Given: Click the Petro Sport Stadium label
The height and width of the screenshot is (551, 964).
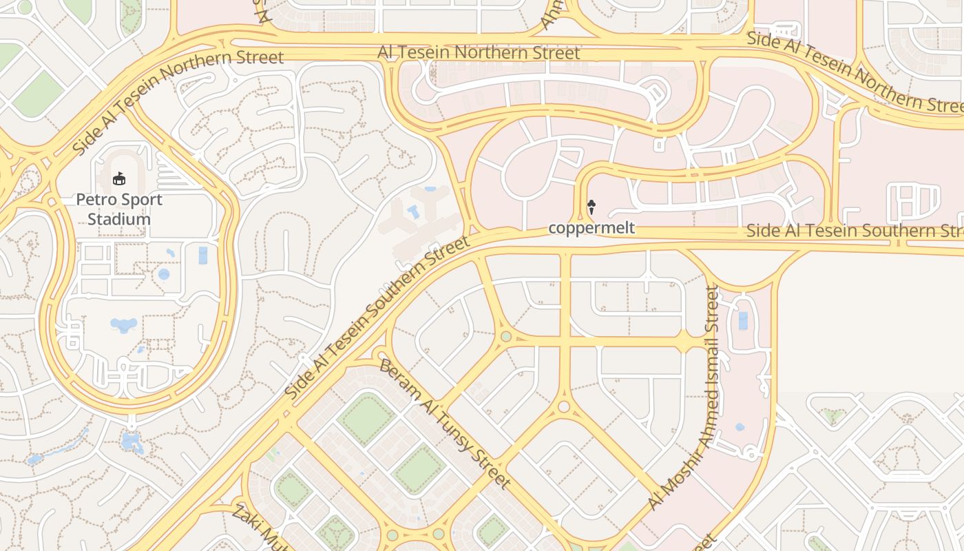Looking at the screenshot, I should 119,209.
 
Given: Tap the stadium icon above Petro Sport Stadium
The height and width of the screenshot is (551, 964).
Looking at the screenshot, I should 119,178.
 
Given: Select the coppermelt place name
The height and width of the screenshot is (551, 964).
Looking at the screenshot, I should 591,227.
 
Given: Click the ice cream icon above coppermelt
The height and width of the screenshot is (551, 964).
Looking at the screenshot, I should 591,206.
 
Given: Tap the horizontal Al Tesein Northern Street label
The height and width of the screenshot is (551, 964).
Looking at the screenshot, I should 479,52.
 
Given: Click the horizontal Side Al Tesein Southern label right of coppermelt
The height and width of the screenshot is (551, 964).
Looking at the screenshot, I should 854,230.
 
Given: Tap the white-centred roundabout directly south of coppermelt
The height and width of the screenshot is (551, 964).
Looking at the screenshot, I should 564,406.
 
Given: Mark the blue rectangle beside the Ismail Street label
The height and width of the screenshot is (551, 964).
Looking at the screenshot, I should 742,320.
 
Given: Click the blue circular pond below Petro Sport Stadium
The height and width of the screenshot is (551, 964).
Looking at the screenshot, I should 164,274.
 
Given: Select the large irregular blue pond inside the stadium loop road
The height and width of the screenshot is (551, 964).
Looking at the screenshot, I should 123,324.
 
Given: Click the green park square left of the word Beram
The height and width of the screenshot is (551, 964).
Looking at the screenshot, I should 367,419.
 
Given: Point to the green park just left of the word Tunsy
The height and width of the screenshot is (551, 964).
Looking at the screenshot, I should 418,469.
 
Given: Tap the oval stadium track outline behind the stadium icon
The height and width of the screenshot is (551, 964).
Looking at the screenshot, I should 119,169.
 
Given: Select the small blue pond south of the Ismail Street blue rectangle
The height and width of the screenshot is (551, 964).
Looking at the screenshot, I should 740,427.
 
